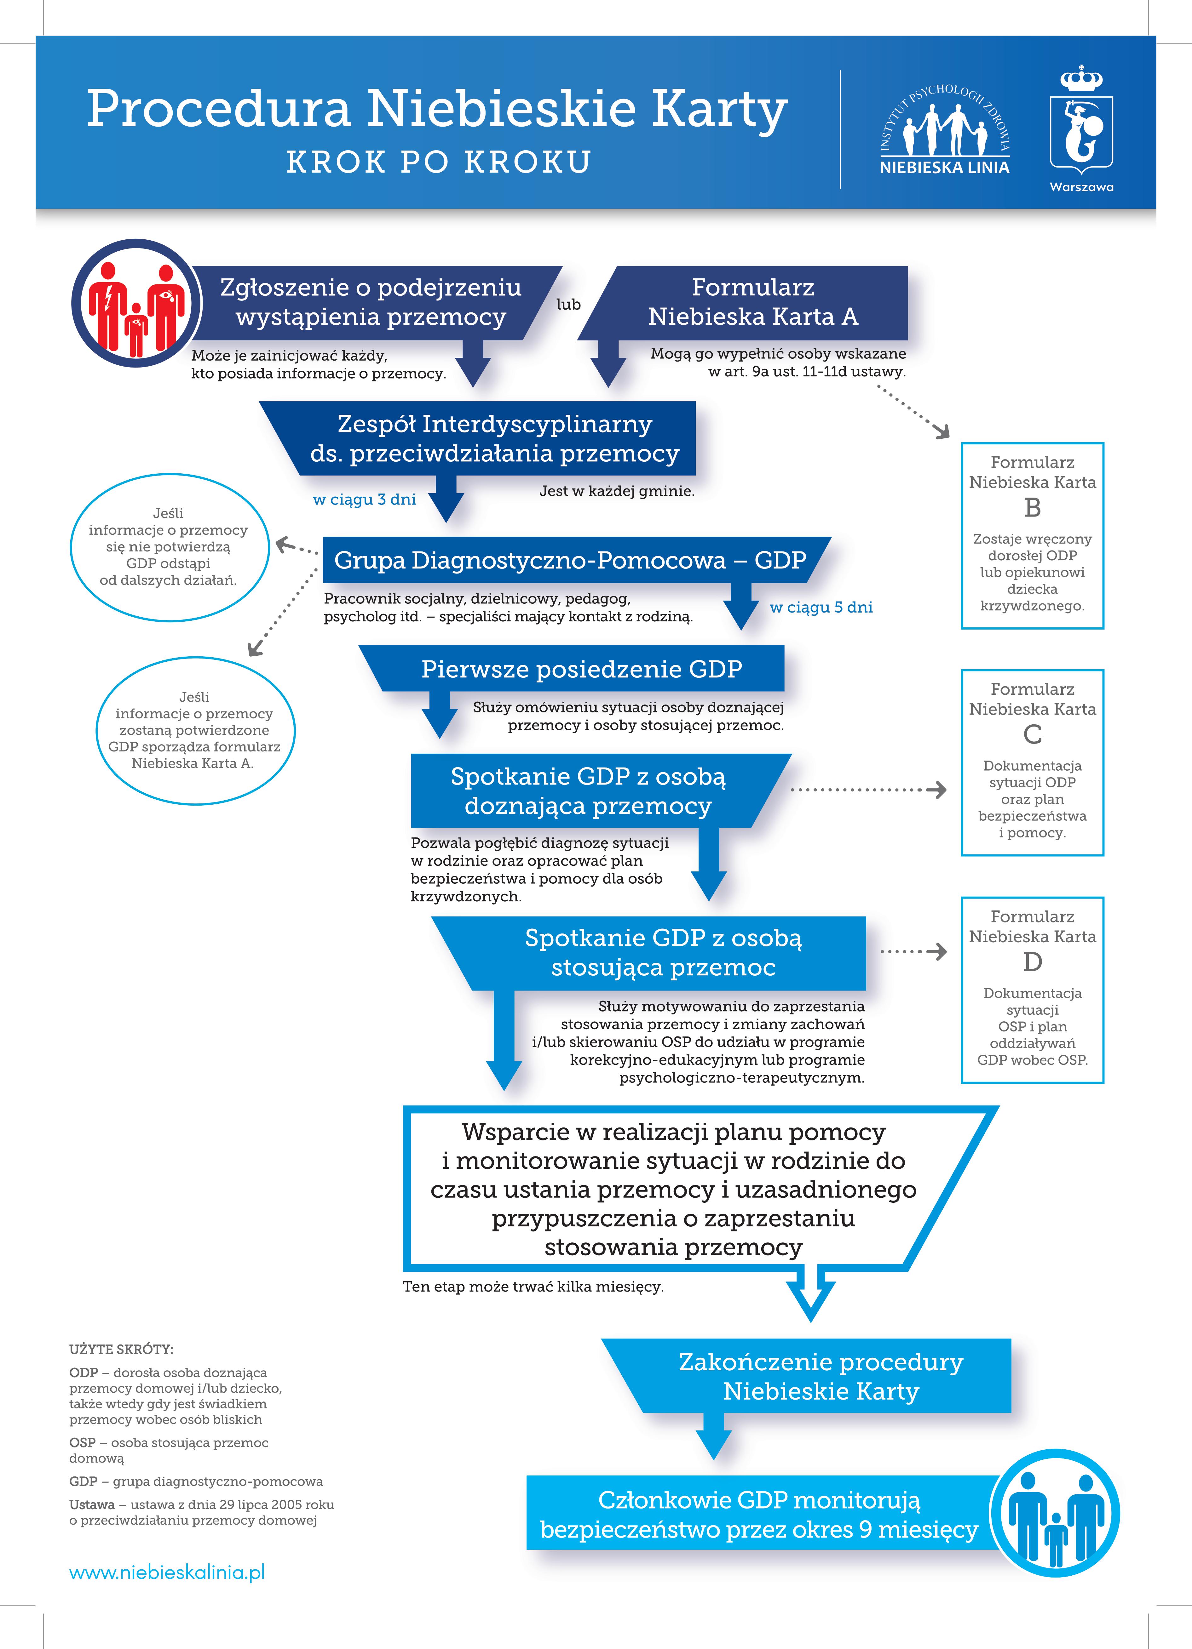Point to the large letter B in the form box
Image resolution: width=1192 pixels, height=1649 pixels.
click(x=1032, y=507)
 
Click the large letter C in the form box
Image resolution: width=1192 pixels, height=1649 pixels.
click(x=1032, y=734)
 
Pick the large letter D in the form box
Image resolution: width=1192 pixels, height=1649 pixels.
click(x=1032, y=962)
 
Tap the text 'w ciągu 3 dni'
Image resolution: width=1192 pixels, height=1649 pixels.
click(x=364, y=499)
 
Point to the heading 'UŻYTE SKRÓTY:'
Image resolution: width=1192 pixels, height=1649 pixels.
click(x=121, y=1349)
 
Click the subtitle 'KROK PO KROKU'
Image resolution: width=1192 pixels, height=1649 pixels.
click(x=439, y=162)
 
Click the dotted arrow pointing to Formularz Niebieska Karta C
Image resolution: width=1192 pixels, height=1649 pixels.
click(x=868, y=790)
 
